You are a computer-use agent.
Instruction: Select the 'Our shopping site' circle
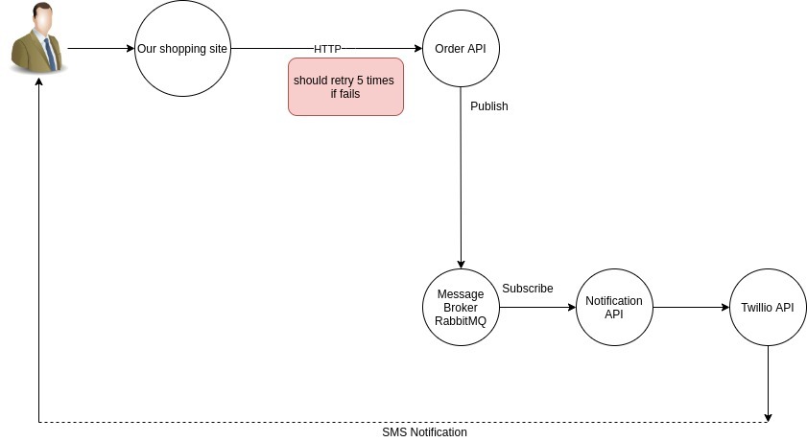(x=182, y=48)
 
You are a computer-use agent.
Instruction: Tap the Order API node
(x=461, y=48)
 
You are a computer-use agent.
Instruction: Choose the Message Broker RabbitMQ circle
(x=461, y=307)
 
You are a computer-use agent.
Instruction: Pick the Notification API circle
(x=614, y=307)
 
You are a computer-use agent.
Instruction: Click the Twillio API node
(x=768, y=307)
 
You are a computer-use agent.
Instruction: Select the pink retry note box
(x=345, y=86)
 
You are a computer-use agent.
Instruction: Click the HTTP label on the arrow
(x=327, y=48)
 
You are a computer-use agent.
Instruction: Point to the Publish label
(x=489, y=106)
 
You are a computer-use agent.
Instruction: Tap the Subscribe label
(x=528, y=288)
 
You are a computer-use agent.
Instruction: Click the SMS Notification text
(x=424, y=432)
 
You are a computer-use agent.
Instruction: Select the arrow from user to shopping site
(x=101, y=48)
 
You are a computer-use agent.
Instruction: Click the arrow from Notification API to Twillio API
(x=691, y=308)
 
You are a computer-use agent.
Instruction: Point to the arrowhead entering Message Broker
(x=461, y=264)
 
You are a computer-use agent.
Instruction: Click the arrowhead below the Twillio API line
(x=768, y=417)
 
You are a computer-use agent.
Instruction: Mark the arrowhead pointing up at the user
(x=38, y=83)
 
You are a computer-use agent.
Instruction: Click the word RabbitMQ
(x=461, y=321)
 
